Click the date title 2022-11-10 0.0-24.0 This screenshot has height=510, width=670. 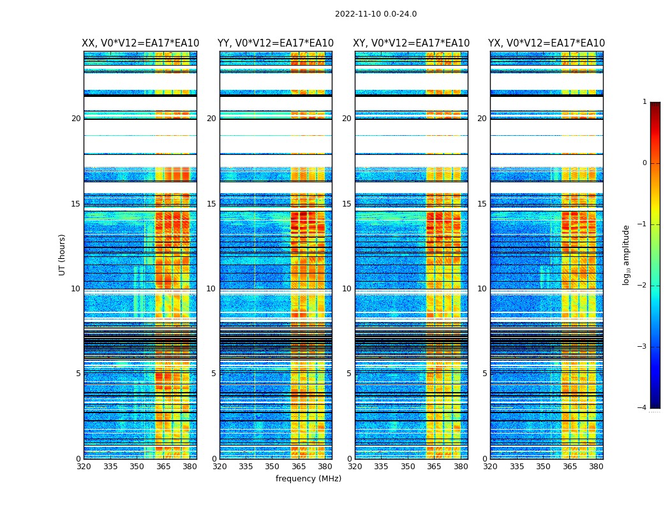(x=376, y=14)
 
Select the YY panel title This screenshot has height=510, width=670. (x=276, y=43)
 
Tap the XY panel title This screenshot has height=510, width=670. (x=412, y=43)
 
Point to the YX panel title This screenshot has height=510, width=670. (x=547, y=43)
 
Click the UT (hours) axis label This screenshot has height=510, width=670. (x=62, y=254)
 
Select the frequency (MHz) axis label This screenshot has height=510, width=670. (x=308, y=479)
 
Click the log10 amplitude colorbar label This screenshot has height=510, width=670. (x=626, y=254)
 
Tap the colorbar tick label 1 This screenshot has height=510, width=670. (x=644, y=102)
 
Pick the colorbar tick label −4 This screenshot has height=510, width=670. (x=643, y=408)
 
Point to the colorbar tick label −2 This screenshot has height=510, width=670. (x=643, y=286)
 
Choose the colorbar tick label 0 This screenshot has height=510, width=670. (x=644, y=163)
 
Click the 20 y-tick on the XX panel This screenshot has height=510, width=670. (x=76, y=119)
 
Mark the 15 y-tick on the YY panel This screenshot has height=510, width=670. (x=211, y=204)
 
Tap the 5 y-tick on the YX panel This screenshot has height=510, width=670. (x=484, y=374)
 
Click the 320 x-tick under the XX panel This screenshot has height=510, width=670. (x=84, y=467)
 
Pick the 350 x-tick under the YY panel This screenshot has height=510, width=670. (x=272, y=467)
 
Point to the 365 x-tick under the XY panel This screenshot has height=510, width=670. (x=435, y=467)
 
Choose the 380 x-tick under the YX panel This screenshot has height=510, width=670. (x=596, y=467)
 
